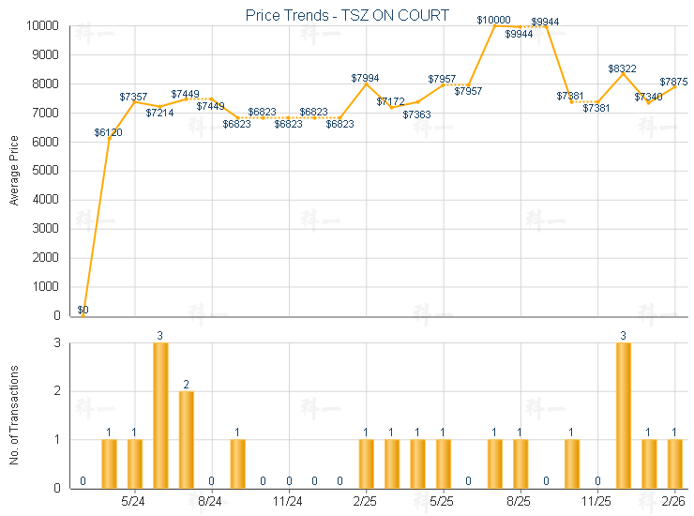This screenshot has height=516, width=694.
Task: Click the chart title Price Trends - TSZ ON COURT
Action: click(346, 15)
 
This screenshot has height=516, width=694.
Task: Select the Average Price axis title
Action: click(14, 170)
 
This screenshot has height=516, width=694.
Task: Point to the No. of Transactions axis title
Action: click(14, 415)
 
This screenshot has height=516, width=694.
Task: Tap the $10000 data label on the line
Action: click(493, 20)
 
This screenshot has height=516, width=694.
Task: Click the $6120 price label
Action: click(108, 132)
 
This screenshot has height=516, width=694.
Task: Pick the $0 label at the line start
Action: click(83, 310)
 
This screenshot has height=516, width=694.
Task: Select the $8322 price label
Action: click(622, 68)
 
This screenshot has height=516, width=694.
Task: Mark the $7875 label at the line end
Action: click(673, 82)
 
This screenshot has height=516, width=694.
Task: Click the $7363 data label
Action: click(416, 114)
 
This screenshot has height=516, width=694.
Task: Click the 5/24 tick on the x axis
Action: click(134, 502)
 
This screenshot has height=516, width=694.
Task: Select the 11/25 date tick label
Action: click(596, 502)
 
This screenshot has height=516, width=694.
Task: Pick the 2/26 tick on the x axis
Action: click(673, 502)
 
